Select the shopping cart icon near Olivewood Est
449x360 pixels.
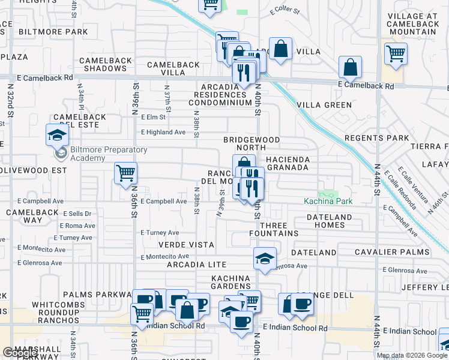(126, 173)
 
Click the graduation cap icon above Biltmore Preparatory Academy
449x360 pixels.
(57, 134)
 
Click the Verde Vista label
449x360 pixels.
(186, 245)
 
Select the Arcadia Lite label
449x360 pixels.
(196, 264)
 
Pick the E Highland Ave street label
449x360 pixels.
(163, 132)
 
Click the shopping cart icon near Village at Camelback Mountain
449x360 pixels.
(396, 53)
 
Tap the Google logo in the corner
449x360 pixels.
(20, 353)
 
